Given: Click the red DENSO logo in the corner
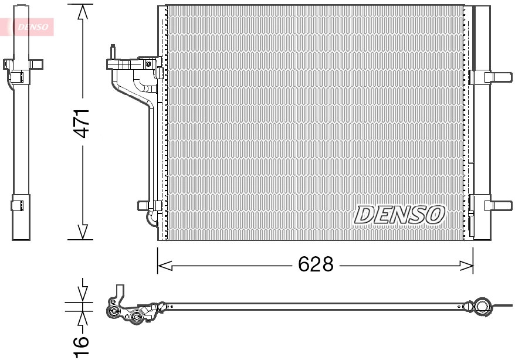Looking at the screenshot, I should [x=29, y=26].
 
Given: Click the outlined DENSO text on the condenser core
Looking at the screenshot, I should [x=399, y=215].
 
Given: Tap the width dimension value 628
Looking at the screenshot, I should [x=316, y=265].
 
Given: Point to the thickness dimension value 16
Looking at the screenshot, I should [x=82, y=346].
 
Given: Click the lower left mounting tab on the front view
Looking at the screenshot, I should [x=144, y=205].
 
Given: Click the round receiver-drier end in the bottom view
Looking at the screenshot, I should [x=482, y=306].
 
